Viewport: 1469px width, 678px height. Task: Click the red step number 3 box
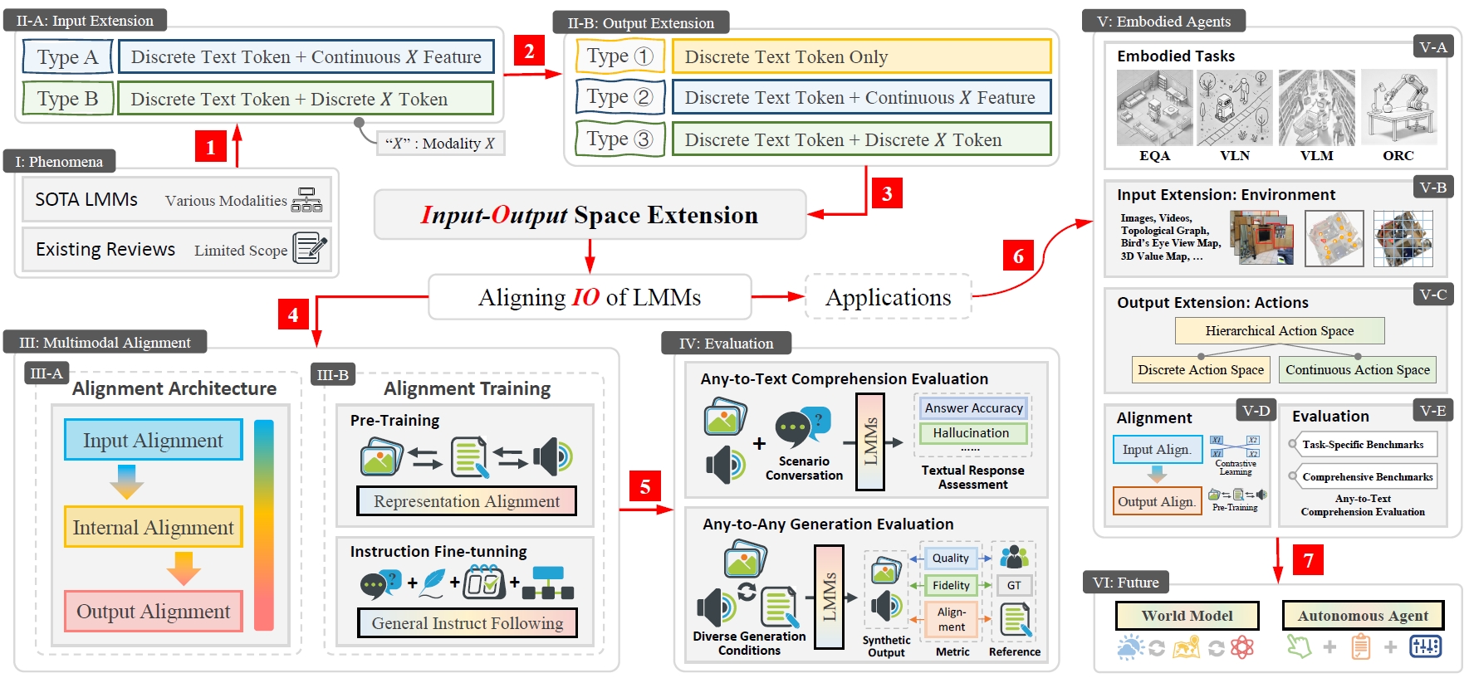887,193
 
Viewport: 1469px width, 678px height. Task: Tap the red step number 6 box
1018,256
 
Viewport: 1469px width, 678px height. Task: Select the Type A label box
67,57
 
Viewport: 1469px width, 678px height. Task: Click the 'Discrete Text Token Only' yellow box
861,56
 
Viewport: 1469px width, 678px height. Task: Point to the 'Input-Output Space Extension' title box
590,215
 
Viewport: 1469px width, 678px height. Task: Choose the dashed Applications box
888,297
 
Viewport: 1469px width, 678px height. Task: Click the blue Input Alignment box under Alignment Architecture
153,440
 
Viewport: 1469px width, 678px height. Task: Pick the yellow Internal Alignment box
153,527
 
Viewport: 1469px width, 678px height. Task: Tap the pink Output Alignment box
153,611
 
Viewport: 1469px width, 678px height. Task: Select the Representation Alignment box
466,501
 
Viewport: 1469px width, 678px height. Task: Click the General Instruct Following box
467,623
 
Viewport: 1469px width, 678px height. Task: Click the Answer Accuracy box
973,408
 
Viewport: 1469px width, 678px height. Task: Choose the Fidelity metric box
951,585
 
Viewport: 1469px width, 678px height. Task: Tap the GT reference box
1014,585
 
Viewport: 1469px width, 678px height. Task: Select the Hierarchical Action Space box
1279,330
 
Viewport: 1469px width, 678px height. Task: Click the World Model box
1187,616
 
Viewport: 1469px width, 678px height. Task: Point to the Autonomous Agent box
1363,616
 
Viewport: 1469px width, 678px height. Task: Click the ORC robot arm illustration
1398,109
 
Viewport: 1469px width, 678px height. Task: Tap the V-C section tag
1432,295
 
